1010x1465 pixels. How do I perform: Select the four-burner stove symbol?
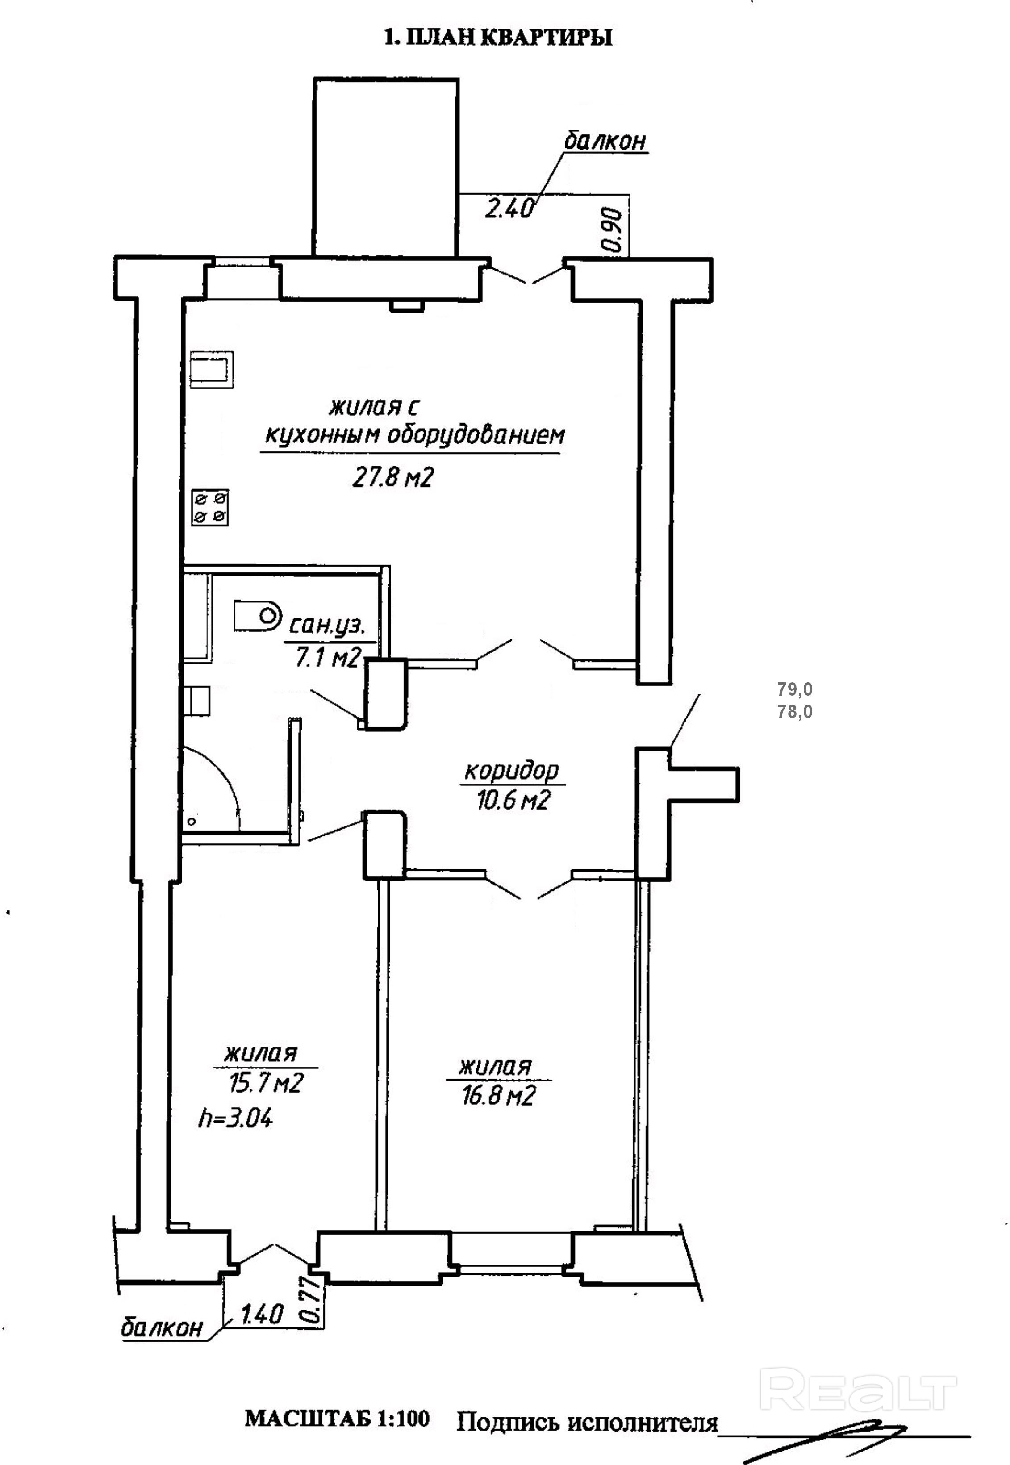(x=210, y=508)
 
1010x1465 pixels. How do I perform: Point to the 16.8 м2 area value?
(x=498, y=1095)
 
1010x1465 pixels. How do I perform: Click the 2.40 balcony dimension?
(x=509, y=208)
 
